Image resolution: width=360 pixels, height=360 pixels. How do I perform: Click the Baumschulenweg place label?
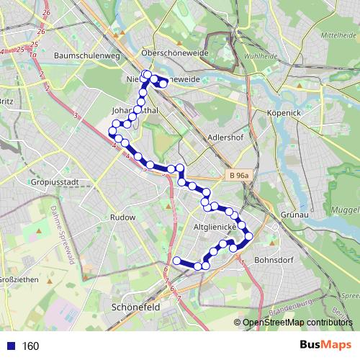pos(81,54)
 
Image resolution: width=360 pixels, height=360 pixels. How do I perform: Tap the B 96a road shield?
pos(238,175)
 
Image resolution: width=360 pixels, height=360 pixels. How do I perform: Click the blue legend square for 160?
pos(9,346)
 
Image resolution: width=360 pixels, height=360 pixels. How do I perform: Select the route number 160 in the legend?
pos(30,346)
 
